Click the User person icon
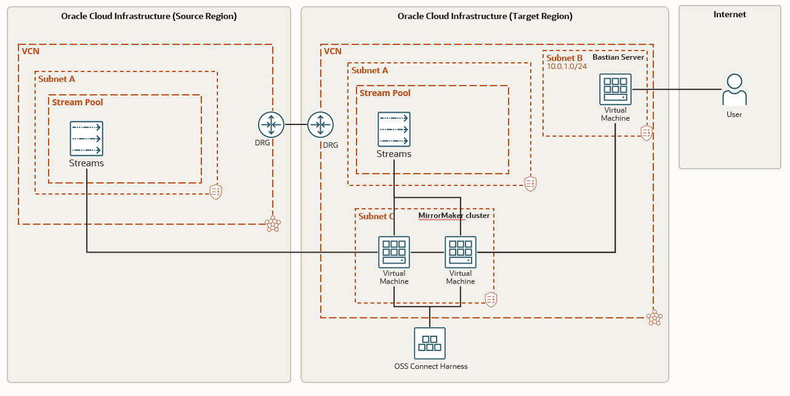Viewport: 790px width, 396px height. pyautogui.click(x=734, y=90)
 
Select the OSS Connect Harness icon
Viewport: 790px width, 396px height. pyautogui.click(x=430, y=343)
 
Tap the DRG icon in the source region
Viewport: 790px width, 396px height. pyautogui.click(x=271, y=125)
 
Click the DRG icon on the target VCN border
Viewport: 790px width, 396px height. pyautogui.click(x=320, y=125)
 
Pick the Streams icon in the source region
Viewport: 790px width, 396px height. pyautogui.click(x=86, y=138)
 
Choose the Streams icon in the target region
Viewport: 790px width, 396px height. pyautogui.click(x=394, y=129)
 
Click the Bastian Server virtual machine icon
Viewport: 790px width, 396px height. pyautogui.click(x=616, y=89)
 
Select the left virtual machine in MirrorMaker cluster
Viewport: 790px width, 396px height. pyautogui.click(x=394, y=252)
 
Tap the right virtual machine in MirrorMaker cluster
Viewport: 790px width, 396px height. pyautogui.click(x=461, y=252)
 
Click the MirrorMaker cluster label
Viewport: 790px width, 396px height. pyautogui.click(x=454, y=216)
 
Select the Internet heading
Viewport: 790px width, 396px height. pyautogui.click(x=729, y=14)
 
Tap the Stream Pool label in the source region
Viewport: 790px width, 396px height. pyautogui.click(x=78, y=102)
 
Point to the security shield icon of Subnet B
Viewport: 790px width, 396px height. pyautogui.click(x=646, y=132)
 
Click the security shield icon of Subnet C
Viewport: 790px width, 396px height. pyautogui.click(x=491, y=299)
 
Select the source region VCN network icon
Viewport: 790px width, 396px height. pyautogui.click(x=272, y=224)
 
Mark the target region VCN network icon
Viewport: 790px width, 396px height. pyautogui.click(x=654, y=318)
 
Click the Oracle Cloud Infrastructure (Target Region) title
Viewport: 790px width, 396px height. pyautogui.click(x=485, y=16)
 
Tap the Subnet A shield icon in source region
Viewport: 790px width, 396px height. pyautogui.click(x=216, y=192)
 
